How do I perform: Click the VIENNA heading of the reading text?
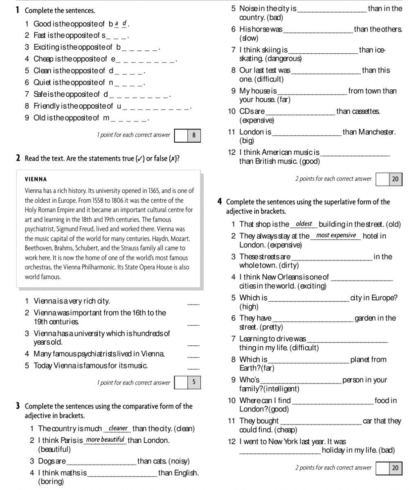36,179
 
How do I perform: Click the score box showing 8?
194,135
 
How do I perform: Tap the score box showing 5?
194,382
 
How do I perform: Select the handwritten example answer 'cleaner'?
118,428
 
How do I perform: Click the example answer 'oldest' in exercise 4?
303,224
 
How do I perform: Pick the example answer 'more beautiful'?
105,440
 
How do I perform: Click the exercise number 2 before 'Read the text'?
18,158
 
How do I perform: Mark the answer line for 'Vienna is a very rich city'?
194,304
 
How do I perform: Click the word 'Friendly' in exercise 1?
46,106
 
